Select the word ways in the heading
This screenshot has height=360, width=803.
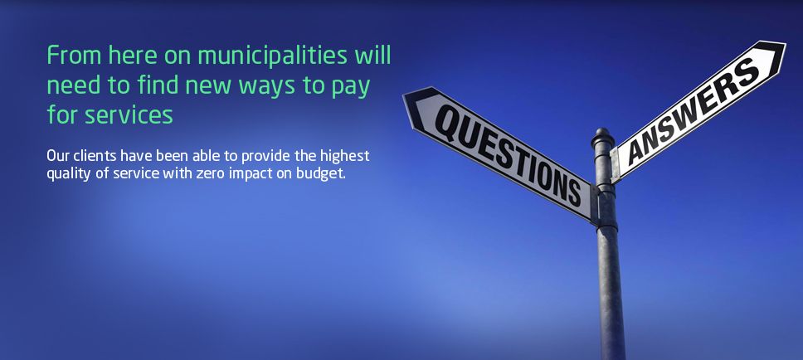(x=267, y=86)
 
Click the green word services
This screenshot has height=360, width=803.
(x=129, y=114)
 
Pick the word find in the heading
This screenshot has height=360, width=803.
(x=158, y=84)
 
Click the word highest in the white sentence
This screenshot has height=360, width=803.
(x=345, y=156)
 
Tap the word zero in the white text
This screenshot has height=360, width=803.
(x=210, y=173)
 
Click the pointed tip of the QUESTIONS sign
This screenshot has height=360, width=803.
(x=404, y=94)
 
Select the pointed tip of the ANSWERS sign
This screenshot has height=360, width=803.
(x=784, y=42)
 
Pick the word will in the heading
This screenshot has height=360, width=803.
(x=373, y=55)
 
